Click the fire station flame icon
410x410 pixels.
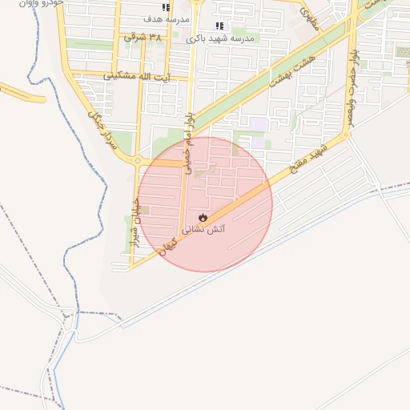click(x=203, y=217)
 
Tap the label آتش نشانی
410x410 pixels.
click(x=205, y=230)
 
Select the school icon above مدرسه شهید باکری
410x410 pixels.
click(x=219, y=26)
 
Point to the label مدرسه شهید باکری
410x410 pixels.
click(x=219, y=38)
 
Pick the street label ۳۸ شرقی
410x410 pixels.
click(x=143, y=37)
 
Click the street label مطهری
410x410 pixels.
click(x=309, y=19)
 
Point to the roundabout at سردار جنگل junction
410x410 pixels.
click(x=138, y=161)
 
